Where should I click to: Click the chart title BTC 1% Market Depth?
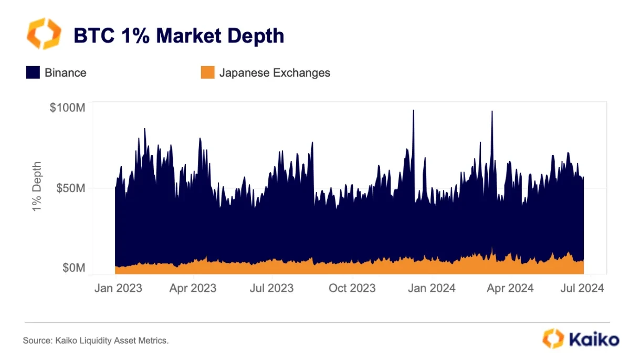point(178,36)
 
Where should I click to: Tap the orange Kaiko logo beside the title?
point(44,34)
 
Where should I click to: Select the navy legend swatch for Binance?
point(33,72)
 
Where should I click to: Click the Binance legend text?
point(66,72)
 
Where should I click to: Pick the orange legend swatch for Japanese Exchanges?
point(207,72)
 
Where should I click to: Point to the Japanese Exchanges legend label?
point(275,72)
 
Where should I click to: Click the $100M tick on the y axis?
point(67,108)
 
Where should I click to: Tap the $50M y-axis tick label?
point(70,188)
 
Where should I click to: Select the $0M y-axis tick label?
point(73,268)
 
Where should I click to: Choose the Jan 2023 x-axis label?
point(118,288)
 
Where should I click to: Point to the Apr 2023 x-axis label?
point(193,288)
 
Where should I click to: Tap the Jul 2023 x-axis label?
point(271,288)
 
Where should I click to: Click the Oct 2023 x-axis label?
point(352,288)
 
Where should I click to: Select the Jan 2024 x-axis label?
point(432,288)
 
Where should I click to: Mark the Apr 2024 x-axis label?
point(510,288)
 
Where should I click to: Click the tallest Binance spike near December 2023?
point(413,111)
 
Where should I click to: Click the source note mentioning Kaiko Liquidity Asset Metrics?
point(96,341)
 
